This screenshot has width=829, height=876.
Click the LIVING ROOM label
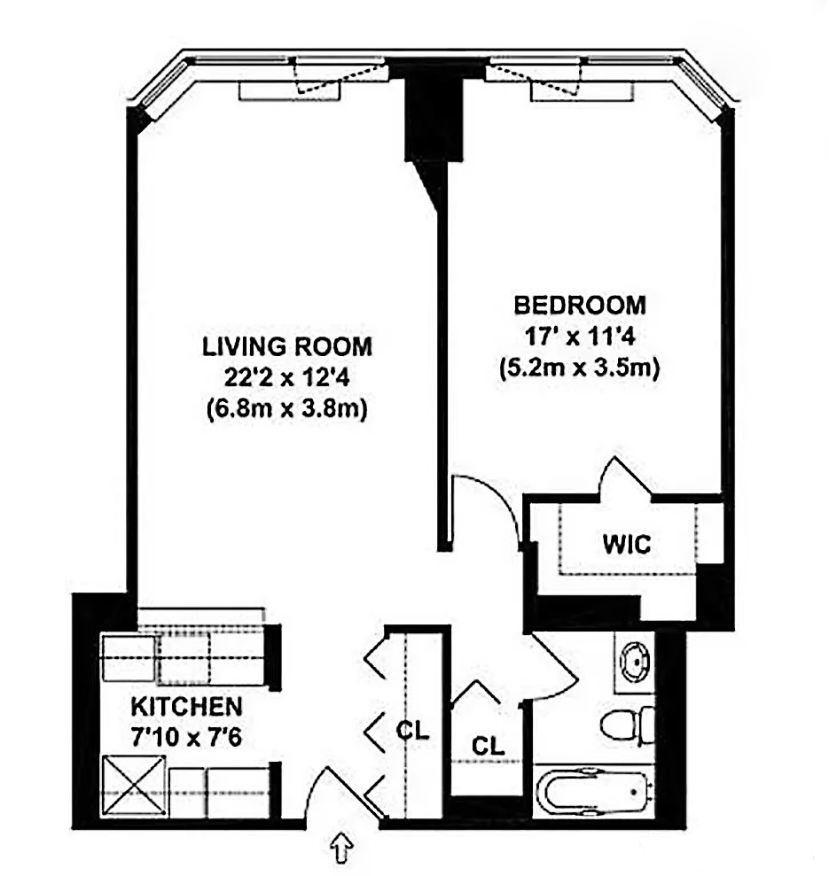click(285, 345)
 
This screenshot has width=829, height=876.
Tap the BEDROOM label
click(580, 306)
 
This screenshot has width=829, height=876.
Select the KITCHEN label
click(186, 707)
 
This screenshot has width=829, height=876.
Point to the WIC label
click(628, 543)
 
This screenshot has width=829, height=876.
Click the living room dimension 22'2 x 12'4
click(285, 377)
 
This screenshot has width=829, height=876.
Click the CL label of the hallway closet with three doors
click(413, 732)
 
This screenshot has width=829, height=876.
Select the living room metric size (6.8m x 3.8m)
click(285, 410)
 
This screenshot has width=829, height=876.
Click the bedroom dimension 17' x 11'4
click(580, 337)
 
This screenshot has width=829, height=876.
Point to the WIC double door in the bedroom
click(624, 479)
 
